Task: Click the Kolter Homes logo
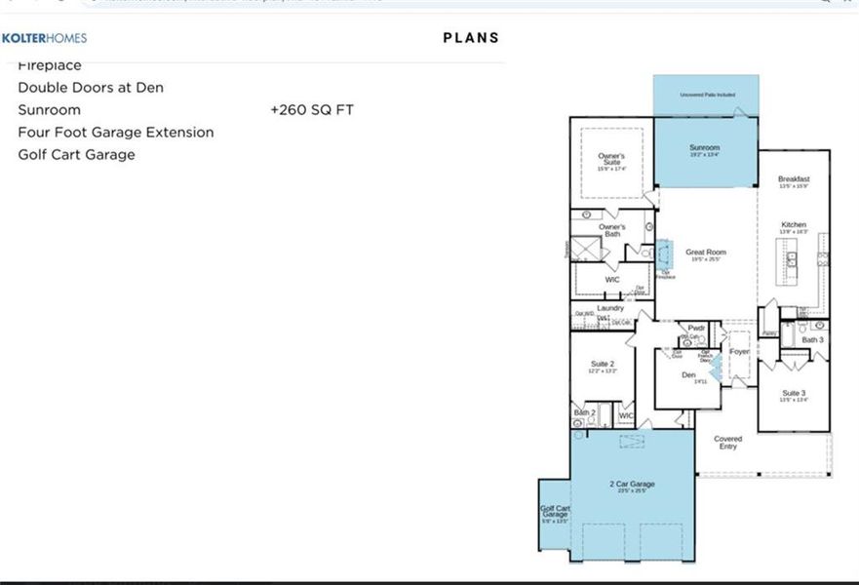45,38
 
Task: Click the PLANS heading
471,38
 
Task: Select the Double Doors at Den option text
91,88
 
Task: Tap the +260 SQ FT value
312,110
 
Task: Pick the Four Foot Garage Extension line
116,133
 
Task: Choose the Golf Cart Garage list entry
76,155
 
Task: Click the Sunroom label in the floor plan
704,148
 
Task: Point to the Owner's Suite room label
611,159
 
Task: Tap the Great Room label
706,253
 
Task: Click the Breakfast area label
794,179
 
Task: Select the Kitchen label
794,225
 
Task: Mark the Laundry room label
610,308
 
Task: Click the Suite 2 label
604,364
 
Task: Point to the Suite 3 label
794,393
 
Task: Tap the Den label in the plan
689,375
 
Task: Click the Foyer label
739,351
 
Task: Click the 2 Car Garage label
632,484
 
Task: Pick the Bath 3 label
813,339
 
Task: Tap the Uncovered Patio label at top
707,95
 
